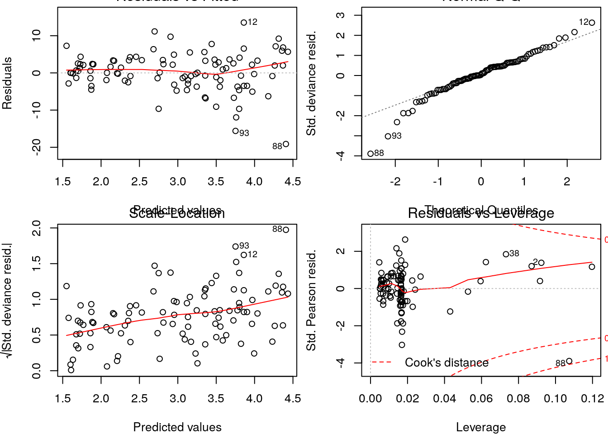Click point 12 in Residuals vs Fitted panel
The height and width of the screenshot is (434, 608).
tap(244, 23)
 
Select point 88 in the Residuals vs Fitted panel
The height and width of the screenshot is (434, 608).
tap(286, 144)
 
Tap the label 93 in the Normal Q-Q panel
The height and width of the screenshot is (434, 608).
tap(396, 136)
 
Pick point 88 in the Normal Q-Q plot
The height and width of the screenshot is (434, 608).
tap(370, 154)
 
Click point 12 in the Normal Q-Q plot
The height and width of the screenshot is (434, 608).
tap(592, 23)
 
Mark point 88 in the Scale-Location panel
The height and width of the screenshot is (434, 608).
tap(286, 230)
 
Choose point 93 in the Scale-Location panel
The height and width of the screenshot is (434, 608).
tap(236, 246)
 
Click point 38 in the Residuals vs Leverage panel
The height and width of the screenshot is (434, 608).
tap(506, 254)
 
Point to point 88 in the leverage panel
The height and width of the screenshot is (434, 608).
tap(569, 361)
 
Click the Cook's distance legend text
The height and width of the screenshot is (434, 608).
tap(446, 363)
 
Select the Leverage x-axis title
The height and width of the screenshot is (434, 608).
tap(481, 427)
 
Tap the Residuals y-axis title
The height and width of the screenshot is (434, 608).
tap(7, 83)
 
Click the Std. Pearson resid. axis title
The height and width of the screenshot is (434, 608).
tap(311, 301)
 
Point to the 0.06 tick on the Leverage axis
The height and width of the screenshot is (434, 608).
tap(481, 399)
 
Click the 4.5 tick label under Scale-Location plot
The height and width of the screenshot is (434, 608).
tap(293, 399)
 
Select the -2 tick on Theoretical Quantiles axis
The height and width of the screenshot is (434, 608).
tap(395, 182)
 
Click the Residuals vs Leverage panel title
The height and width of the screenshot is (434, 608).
tap(481, 213)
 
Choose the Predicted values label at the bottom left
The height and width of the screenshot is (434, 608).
tap(177, 427)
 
